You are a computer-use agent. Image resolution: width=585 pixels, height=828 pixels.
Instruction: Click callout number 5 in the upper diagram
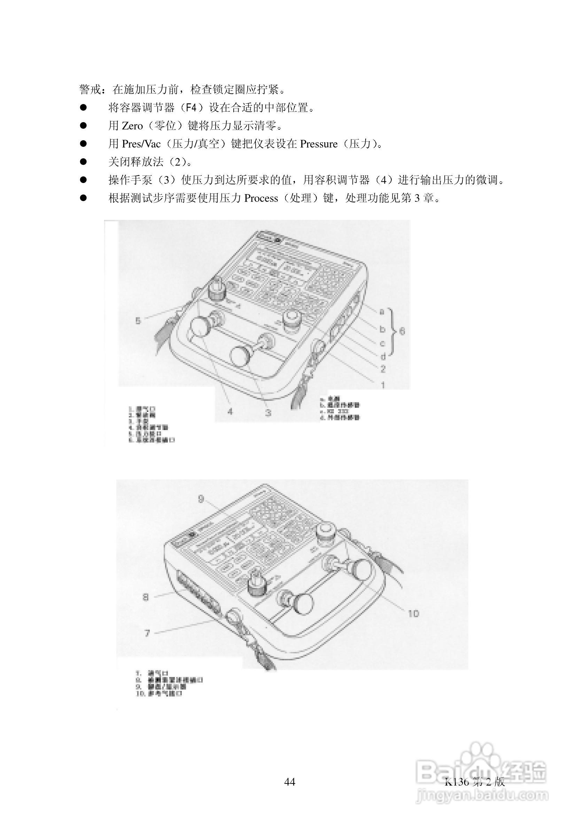click(138, 320)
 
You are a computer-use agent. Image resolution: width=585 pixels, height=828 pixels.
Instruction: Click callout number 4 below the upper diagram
click(230, 411)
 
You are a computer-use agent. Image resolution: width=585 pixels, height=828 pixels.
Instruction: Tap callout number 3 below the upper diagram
click(268, 412)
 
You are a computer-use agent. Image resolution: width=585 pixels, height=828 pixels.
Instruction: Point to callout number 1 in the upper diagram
click(383, 385)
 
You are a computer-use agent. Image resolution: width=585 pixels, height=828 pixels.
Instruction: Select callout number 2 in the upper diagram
click(383, 369)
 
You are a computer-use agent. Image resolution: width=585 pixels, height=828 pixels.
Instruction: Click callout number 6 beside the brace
click(402, 331)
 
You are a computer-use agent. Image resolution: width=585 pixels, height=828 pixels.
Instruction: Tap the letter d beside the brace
click(383, 356)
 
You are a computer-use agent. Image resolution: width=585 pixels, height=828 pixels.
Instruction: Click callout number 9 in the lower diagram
click(201, 499)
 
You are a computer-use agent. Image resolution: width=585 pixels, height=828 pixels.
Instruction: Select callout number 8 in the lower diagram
click(146, 597)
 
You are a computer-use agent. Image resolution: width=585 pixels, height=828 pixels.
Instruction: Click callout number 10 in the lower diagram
click(413, 613)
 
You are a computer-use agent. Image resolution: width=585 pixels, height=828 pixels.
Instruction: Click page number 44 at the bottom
click(290, 781)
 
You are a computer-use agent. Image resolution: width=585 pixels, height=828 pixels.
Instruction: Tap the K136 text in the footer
click(457, 781)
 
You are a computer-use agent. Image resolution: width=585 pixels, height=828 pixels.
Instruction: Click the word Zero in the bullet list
click(132, 126)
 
